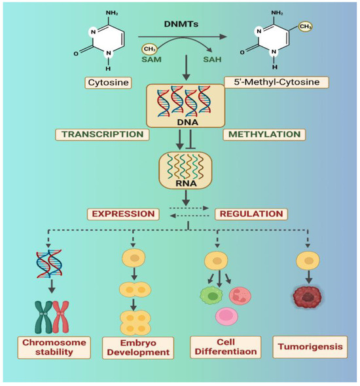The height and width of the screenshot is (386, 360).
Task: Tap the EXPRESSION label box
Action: [x=122, y=214]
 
